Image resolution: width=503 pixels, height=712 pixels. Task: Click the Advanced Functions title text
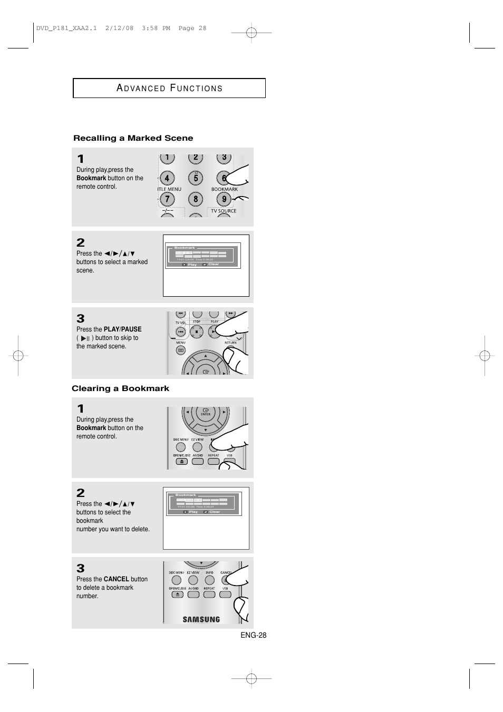click(169, 88)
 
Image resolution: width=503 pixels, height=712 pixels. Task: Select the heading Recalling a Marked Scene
click(133, 138)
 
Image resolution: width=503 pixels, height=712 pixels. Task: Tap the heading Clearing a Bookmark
click(120, 388)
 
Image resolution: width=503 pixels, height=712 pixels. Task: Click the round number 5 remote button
click(196, 178)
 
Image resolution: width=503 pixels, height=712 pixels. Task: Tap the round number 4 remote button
click(167, 178)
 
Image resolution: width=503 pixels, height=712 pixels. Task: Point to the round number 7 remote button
click(167, 199)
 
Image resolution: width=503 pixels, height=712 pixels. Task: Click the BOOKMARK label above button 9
click(224, 189)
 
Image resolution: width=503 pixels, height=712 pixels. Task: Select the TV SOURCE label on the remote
click(224, 211)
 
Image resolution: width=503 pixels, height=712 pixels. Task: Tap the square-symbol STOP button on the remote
click(197, 332)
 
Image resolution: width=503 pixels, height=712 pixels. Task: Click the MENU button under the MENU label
click(180, 350)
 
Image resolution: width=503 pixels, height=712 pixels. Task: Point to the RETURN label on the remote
click(230, 343)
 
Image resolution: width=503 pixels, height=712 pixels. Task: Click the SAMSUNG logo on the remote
click(201, 619)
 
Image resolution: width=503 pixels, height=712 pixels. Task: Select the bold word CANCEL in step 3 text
click(117, 579)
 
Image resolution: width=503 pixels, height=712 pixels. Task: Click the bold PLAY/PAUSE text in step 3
click(123, 329)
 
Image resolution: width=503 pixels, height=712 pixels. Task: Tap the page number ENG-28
click(254, 635)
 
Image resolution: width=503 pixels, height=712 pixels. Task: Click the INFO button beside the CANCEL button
click(209, 580)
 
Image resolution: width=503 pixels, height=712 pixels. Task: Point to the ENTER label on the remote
click(205, 414)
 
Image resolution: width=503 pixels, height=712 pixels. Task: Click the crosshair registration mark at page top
click(252, 33)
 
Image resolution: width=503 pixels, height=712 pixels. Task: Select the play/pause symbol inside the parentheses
click(85, 338)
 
